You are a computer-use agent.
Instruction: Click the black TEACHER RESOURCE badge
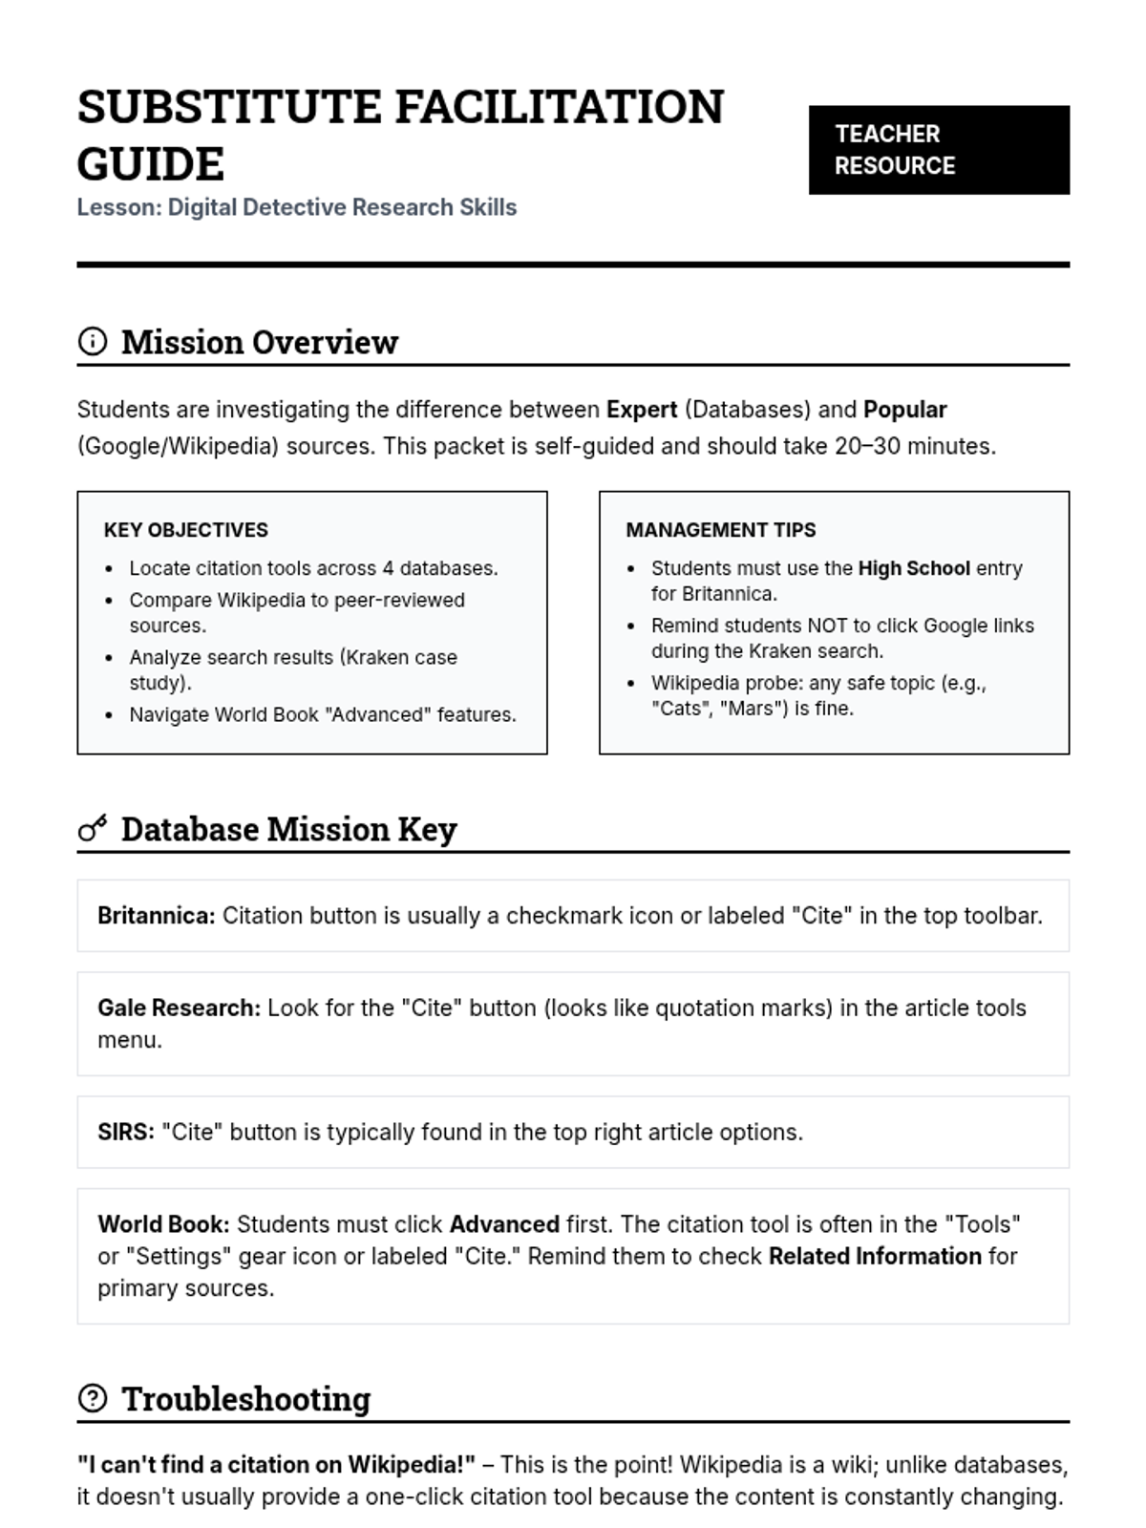(939, 150)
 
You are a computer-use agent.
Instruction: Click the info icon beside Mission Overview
(93, 341)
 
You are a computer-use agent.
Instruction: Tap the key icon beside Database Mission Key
(93, 828)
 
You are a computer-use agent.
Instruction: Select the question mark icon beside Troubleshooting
(93, 1398)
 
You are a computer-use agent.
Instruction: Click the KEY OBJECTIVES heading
(186, 530)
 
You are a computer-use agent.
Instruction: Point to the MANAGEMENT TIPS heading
(721, 530)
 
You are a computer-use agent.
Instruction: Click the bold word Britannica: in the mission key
(157, 916)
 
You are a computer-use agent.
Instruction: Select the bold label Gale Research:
(179, 1008)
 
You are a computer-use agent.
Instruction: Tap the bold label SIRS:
(126, 1133)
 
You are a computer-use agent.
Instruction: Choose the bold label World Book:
(163, 1224)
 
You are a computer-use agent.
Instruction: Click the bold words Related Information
(875, 1256)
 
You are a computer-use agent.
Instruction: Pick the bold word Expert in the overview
(642, 410)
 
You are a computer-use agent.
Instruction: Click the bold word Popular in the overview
(904, 410)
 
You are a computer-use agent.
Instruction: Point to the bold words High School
(914, 568)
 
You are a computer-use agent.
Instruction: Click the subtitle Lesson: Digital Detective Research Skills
(297, 207)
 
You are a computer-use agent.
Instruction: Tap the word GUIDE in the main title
(151, 163)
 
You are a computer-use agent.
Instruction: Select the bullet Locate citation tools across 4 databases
(313, 568)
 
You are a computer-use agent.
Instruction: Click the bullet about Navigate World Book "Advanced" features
(323, 714)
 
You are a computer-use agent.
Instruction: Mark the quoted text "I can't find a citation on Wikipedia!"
(276, 1465)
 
